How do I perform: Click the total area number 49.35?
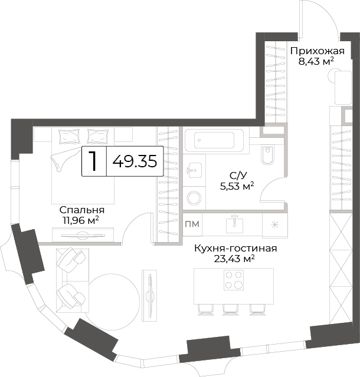(x=135, y=161)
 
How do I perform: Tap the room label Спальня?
(x=82, y=210)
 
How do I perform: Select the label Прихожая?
(x=318, y=51)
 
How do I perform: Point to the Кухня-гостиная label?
(x=235, y=248)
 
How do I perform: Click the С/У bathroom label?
(x=238, y=176)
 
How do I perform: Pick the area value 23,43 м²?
(x=234, y=259)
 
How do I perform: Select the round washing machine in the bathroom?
(x=194, y=198)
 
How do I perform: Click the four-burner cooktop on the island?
(x=234, y=280)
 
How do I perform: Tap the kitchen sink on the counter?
(x=234, y=224)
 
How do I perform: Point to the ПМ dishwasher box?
(x=192, y=224)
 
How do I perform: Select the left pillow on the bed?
(x=69, y=137)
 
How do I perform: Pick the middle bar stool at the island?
(x=230, y=310)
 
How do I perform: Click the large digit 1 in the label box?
(x=93, y=161)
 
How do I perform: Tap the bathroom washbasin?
(x=195, y=170)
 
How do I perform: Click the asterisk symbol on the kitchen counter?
(x=274, y=225)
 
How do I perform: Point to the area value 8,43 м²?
(x=316, y=61)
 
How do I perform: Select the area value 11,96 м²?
(x=81, y=220)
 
